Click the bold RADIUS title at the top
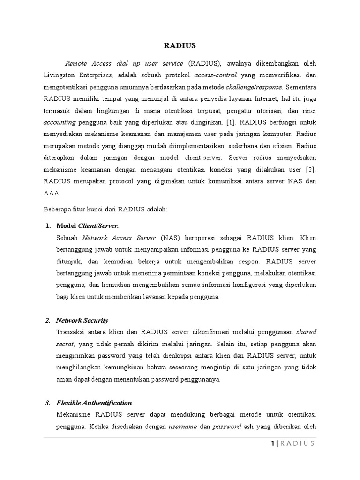(180, 45)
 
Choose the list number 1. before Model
(48, 226)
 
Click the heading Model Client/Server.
(87, 226)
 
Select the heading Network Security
(82, 321)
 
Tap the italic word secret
(65, 344)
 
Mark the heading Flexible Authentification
(94, 403)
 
